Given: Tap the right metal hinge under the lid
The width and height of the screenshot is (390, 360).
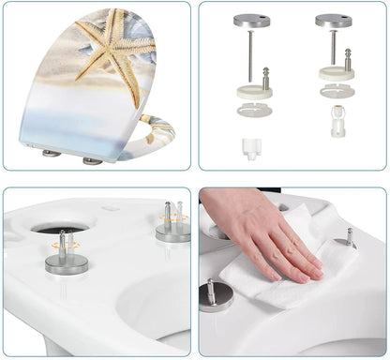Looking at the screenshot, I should click(92, 160).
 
